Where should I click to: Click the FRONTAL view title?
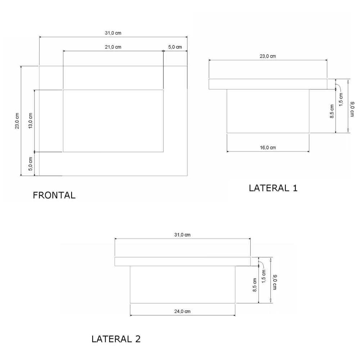click(54, 195)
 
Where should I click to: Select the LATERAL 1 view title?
click(273, 188)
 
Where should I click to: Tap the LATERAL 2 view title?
click(116, 339)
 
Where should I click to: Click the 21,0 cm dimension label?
click(113, 47)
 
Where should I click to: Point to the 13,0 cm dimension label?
click(31, 121)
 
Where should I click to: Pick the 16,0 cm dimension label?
click(268, 148)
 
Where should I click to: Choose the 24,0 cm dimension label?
click(182, 311)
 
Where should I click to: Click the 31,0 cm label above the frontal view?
click(113, 33)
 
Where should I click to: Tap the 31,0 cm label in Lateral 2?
click(182, 235)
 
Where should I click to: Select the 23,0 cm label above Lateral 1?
click(268, 56)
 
